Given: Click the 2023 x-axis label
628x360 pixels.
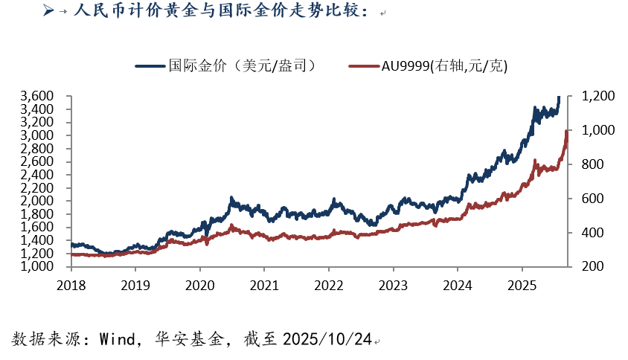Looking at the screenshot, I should click(x=393, y=286).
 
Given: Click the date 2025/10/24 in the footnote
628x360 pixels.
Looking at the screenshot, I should click(x=327, y=340).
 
